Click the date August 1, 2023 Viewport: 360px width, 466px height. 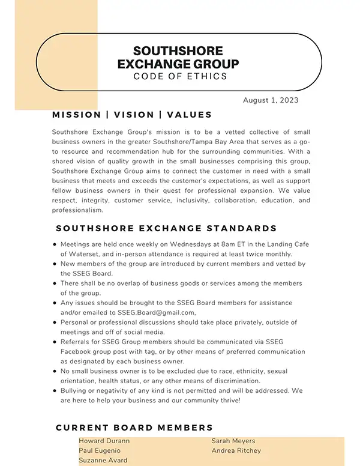pyautogui.click(x=271, y=100)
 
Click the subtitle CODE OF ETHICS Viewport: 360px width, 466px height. pyautogui.click(x=181, y=76)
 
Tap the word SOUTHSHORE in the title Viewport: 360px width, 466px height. pyautogui.click(x=178, y=51)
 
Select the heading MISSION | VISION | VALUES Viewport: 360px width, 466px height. pyautogui.click(x=132, y=115)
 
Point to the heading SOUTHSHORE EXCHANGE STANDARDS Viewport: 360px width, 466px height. pyautogui.click(x=166, y=228)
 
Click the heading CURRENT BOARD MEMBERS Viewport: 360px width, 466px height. pyautogui.click(x=134, y=428)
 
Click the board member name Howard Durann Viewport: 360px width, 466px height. pyautogui.click(x=104, y=441)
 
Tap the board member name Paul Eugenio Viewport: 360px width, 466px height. pyautogui.click(x=100, y=450)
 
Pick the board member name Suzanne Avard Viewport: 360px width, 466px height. pyautogui.click(x=103, y=460)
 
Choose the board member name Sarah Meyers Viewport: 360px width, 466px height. pyautogui.click(x=233, y=441)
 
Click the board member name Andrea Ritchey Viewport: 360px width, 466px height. pyautogui.click(x=236, y=450)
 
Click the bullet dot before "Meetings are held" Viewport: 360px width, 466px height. pyautogui.click(x=55, y=245)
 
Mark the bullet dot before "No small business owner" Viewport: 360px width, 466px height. pyautogui.click(x=55, y=372)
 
